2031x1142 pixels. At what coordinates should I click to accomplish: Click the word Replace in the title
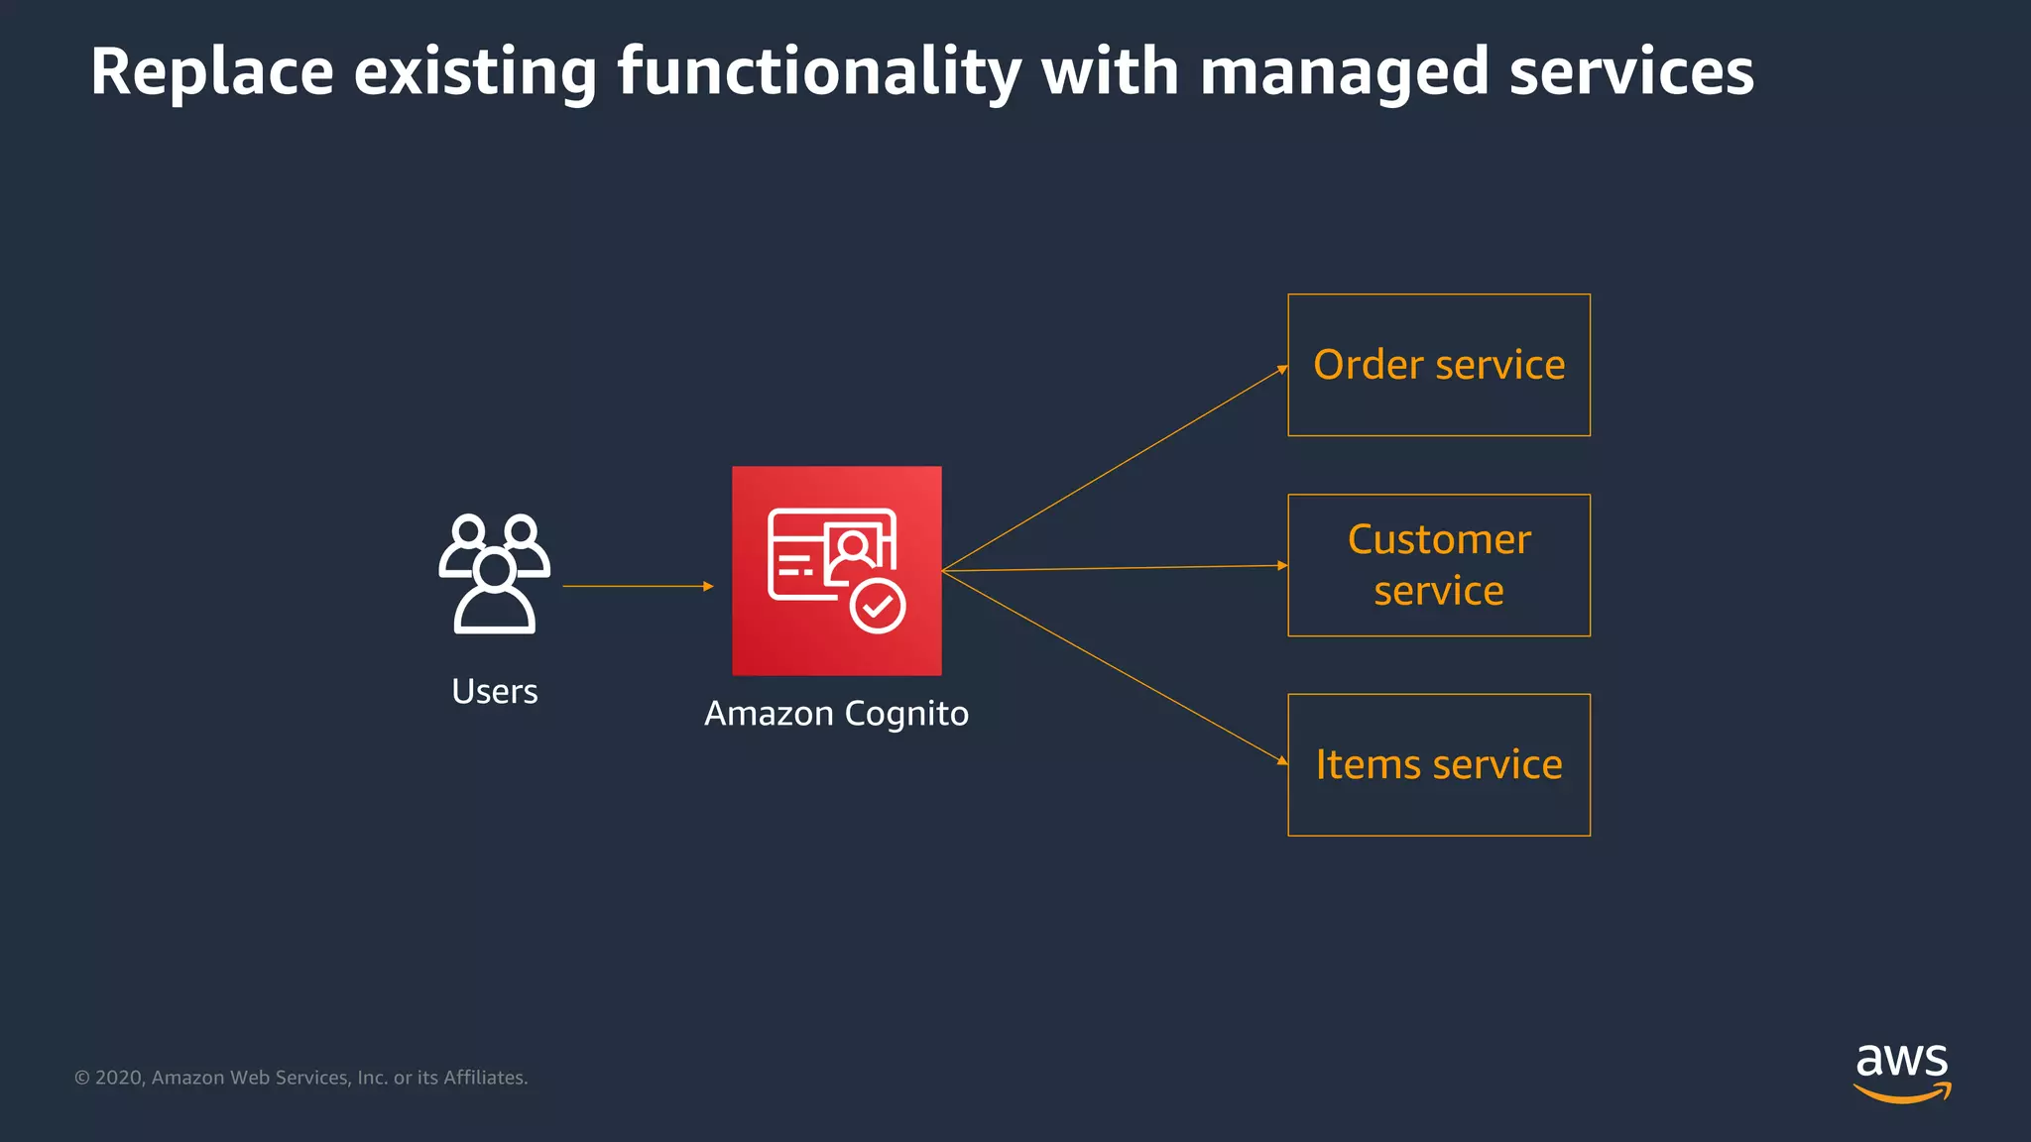click(x=212, y=72)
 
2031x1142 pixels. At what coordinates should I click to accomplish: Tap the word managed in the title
click(x=1344, y=72)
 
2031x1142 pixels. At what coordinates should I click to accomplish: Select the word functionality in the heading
click(x=818, y=72)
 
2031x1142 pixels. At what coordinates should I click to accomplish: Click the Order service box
click(x=1438, y=365)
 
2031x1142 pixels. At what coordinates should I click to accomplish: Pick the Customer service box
click(x=1438, y=565)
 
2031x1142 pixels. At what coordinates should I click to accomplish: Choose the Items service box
click(x=1438, y=764)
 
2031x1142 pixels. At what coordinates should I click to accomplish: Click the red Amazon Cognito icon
click(x=836, y=571)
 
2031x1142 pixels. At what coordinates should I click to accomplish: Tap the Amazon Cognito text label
click(x=836, y=714)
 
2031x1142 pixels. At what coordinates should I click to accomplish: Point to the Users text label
click(x=494, y=691)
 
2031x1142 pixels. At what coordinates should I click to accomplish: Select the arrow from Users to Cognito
click(x=637, y=586)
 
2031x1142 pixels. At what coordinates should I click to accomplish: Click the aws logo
click(x=1901, y=1071)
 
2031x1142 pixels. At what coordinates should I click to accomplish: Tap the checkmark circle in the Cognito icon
click(x=878, y=606)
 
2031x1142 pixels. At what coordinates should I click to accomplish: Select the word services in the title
click(x=1631, y=72)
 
